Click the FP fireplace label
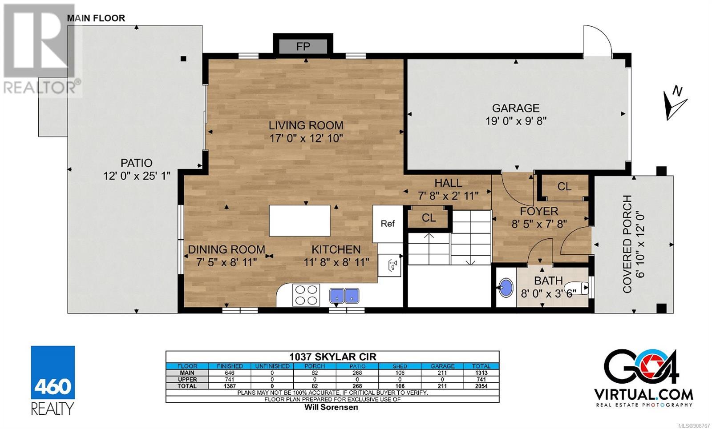tap(303, 47)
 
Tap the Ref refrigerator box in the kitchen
tap(388, 224)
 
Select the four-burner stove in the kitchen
tap(306, 295)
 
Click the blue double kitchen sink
tap(344, 295)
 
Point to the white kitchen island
tap(299, 221)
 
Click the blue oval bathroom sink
tap(506, 288)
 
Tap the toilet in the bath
tap(580, 288)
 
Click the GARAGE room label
tap(516, 108)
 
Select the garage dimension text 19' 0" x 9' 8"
tap(516, 121)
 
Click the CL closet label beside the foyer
tap(564, 186)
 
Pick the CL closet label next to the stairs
tap(429, 218)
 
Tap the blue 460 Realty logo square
tap(53, 373)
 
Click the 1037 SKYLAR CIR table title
tap(332, 357)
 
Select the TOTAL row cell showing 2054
tap(481, 386)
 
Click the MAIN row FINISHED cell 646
tap(230, 373)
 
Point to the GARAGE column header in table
tap(442, 366)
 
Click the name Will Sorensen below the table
tap(331, 407)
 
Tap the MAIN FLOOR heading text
tap(96, 18)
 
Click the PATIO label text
tap(136, 163)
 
